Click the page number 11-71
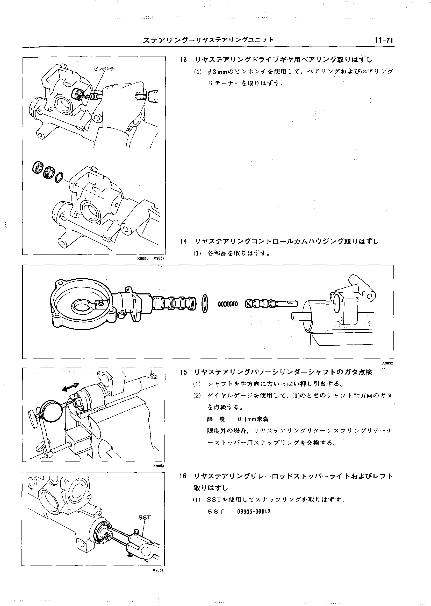[384, 40]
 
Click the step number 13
[183, 60]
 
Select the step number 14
[183, 242]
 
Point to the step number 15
[183, 372]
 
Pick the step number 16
[183, 476]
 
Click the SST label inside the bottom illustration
[144, 518]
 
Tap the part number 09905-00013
[254, 512]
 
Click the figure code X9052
[387, 363]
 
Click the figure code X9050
[142, 258]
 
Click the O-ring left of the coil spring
[205, 304]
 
